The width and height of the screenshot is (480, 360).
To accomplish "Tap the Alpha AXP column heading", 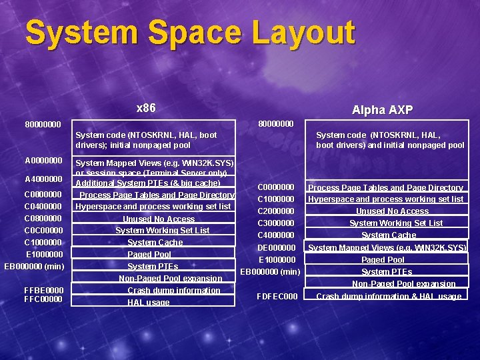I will (382, 110).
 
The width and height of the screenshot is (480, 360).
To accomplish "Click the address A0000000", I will (43, 161).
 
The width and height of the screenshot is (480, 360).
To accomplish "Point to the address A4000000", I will (43, 179).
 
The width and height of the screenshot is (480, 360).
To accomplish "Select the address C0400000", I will (43, 207).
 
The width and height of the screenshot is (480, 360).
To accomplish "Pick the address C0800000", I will (43, 219).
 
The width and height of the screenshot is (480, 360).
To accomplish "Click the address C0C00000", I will (43, 231).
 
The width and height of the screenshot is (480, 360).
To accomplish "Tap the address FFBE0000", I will (43, 291).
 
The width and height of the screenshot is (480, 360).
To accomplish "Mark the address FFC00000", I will (43, 299).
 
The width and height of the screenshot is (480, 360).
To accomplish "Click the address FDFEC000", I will (277, 296).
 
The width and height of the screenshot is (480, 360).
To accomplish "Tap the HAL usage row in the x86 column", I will (148, 303).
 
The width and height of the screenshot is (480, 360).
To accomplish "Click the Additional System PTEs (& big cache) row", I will (148, 183).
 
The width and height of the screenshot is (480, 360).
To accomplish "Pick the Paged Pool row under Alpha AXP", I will (383, 260).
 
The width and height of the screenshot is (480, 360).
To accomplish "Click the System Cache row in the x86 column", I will (155, 243).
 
